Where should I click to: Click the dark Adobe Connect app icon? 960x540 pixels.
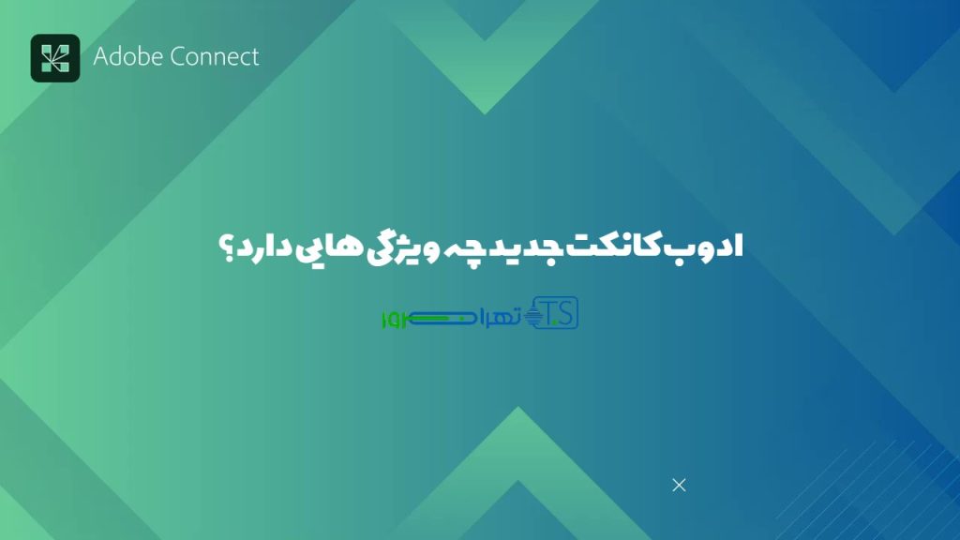55,58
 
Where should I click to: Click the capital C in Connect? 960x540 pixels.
178,56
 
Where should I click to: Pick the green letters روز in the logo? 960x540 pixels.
393,320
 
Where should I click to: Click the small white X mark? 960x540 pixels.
680,485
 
